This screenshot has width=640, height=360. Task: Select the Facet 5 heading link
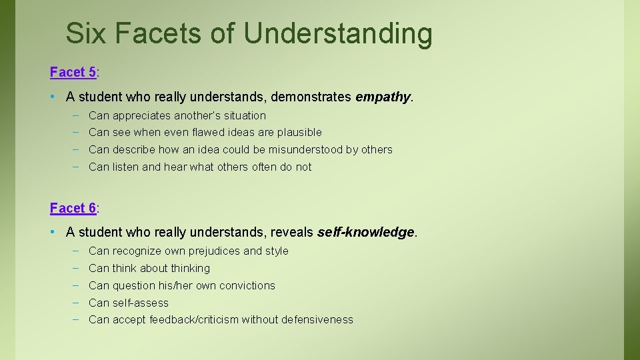tap(73, 72)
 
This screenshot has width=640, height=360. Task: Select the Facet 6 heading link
tap(73, 208)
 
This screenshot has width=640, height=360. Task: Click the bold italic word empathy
tap(383, 97)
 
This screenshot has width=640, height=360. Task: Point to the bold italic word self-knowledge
tap(365, 232)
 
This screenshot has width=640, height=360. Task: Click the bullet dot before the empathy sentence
tap(53, 97)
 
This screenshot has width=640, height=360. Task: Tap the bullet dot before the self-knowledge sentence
tap(53, 232)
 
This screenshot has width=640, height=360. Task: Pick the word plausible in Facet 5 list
tap(299, 132)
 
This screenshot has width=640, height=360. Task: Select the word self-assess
tap(141, 303)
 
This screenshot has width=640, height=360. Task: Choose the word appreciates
tap(141, 115)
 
